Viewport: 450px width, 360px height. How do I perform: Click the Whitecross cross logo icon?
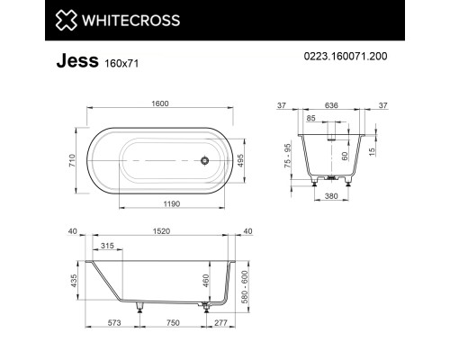tap(67, 20)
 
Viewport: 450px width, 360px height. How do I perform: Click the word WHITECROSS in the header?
tap(131, 21)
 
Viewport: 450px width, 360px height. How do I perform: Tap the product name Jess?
tap(77, 60)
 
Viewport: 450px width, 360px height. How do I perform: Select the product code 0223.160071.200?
tap(346, 56)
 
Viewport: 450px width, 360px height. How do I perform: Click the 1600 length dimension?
tap(160, 103)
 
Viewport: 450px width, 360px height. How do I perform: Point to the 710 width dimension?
tap(72, 160)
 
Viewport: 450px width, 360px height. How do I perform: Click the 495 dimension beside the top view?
tap(240, 160)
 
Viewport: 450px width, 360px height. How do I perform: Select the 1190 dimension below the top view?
tap(172, 204)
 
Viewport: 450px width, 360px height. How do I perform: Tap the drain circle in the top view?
tap(204, 160)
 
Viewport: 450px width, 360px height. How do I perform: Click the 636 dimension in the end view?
tap(331, 105)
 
